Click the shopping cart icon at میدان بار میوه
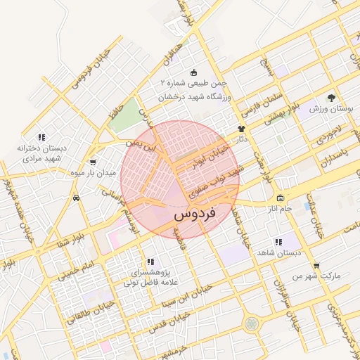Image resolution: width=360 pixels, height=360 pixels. pos(93,162)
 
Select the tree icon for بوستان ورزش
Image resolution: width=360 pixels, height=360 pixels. pos(331,98)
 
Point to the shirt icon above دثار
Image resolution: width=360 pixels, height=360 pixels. pos(242,129)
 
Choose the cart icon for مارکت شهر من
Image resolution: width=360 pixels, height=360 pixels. pos(316,265)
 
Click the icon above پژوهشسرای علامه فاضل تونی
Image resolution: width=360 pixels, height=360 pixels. pos(150,262)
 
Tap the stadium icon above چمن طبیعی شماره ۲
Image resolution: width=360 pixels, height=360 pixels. pos(194,72)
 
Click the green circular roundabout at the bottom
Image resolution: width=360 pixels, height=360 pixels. pos(251,323)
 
